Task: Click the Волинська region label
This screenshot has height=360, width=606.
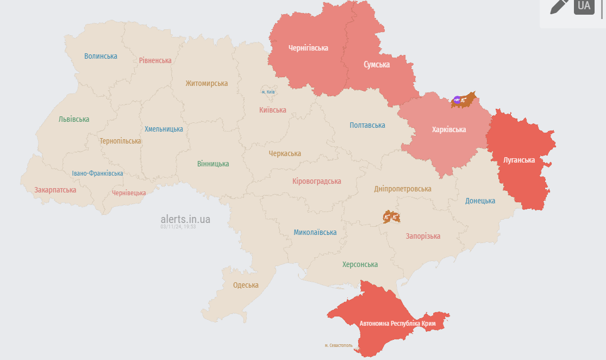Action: click(x=101, y=56)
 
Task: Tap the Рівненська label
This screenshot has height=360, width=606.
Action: click(x=155, y=60)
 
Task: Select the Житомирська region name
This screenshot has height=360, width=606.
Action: click(x=207, y=83)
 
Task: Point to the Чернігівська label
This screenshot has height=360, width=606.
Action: click(x=308, y=48)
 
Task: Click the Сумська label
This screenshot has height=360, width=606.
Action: click(x=377, y=64)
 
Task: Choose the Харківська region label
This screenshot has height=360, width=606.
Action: click(x=449, y=129)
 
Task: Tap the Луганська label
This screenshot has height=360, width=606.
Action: click(x=519, y=160)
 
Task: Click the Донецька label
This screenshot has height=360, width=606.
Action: click(x=480, y=201)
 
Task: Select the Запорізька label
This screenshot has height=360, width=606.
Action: click(x=423, y=236)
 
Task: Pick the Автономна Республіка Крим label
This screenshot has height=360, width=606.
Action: click(x=402, y=324)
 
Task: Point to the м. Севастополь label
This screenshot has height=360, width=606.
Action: click(x=339, y=345)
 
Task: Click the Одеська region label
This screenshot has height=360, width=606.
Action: click(x=246, y=285)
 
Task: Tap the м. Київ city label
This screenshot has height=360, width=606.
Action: click(x=268, y=92)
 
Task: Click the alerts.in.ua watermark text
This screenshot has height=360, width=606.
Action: click(x=185, y=219)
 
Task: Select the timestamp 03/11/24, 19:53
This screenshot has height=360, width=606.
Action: click(x=178, y=227)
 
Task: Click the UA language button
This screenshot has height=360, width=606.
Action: click(x=584, y=6)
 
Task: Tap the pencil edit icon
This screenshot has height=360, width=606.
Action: click(x=559, y=6)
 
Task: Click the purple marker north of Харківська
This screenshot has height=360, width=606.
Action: click(x=457, y=100)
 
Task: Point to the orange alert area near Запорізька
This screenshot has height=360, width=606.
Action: click(x=391, y=217)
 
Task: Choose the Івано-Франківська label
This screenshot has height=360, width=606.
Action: click(x=97, y=173)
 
